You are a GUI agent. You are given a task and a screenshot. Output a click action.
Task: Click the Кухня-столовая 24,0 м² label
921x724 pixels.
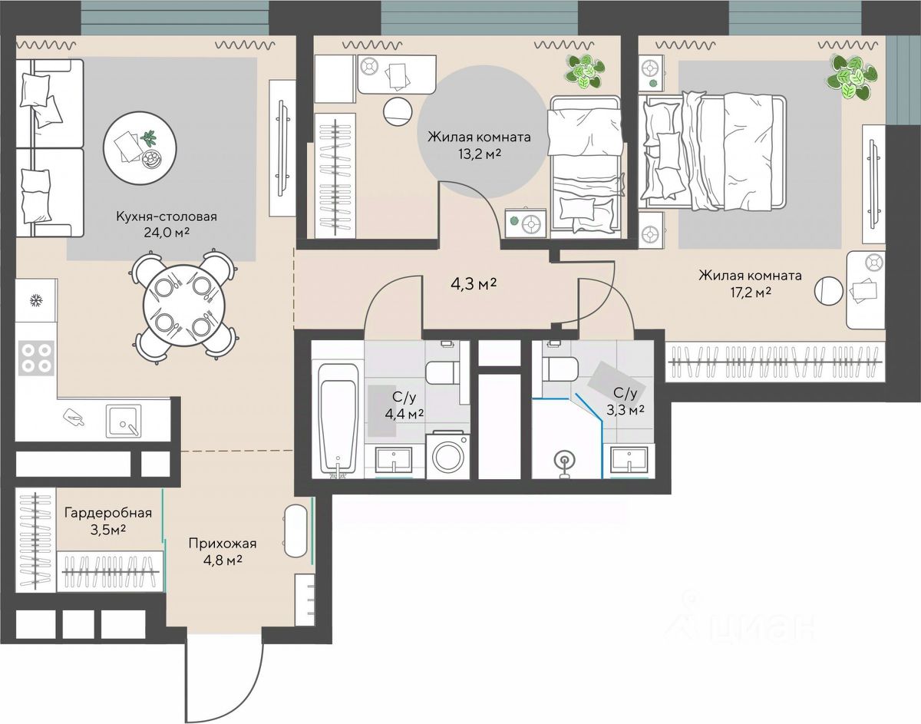pyautogui.click(x=167, y=224)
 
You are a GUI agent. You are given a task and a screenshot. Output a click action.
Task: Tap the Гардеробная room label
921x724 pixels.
pyautogui.click(x=108, y=513)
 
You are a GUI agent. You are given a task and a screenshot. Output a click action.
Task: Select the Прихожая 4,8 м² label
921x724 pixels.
pyautogui.click(x=223, y=552)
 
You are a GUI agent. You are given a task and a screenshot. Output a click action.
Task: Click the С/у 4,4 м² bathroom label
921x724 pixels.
pyautogui.click(x=404, y=405)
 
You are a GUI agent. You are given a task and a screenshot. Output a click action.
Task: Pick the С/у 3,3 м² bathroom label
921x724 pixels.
pyautogui.click(x=626, y=402)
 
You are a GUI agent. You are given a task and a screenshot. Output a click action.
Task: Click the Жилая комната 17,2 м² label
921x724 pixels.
pyautogui.click(x=750, y=283)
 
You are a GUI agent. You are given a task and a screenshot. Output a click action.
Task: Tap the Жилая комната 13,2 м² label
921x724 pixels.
pyautogui.click(x=480, y=145)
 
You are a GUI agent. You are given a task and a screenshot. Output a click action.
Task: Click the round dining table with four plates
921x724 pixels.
pyautogui.click(x=184, y=306)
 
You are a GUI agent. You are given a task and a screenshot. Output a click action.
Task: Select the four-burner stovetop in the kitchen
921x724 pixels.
pyautogui.click(x=36, y=358)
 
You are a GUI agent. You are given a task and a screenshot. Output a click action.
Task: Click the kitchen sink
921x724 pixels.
pyautogui.click(x=124, y=421)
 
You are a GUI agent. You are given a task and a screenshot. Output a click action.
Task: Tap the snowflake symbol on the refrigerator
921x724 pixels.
pyautogui.click(x=35, y=300)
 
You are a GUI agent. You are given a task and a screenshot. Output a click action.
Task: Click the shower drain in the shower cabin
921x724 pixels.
pyautogui.click(x=565, y=460)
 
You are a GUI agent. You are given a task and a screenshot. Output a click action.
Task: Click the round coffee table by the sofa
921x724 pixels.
pyautogui.click(x=140, y=148)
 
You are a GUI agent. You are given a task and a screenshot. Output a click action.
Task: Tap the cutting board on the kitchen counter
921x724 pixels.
pyautogui.click(x=74, y=417)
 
